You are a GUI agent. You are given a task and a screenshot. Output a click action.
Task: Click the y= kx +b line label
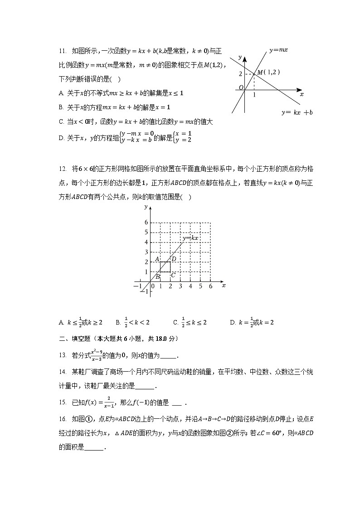(297, 112)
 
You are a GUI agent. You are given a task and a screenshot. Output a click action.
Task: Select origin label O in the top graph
(241, 87)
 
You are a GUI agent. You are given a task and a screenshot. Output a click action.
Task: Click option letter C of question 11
(61, 122)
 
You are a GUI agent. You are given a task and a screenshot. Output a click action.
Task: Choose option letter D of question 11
(61, 139)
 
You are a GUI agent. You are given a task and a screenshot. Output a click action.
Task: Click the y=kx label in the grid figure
(191, 238)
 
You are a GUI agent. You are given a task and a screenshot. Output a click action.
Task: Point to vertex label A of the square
(156, 259)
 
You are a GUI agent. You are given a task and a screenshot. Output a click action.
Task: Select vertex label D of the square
(174, 259)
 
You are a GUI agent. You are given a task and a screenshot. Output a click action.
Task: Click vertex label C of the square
(173, 275)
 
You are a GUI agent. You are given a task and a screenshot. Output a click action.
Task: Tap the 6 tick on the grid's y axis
(146, 223)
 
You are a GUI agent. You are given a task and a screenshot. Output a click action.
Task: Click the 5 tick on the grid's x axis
(200, 286)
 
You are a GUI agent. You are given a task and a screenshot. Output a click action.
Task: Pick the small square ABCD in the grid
(165, 267)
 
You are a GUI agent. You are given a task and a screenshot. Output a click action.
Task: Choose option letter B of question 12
(117, 323)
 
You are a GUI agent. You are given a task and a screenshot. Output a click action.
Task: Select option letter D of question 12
(232, 323)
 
